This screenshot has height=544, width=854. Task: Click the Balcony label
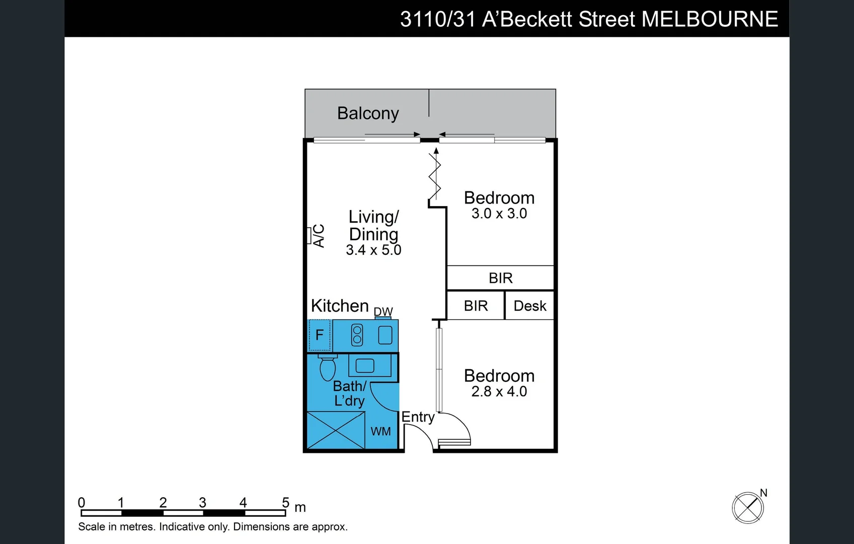[x=368, y=113]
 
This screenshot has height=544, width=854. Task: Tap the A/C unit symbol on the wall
[x=309, y=236]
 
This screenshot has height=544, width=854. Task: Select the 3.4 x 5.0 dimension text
[x=373, y=250]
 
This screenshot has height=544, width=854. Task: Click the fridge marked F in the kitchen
[x=320, y=335]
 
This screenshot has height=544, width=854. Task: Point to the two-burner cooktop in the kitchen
[x=357, y=335]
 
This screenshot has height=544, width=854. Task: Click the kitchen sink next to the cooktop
[x=385, y=335]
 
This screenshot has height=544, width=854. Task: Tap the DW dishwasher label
[x=383, y=312]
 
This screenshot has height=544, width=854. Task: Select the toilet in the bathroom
[x=328, y=368]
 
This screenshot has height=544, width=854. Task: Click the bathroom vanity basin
[x=365, y=365]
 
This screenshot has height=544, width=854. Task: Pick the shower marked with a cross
[x=336, y=430]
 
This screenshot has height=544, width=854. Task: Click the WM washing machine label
[x=380, y=431]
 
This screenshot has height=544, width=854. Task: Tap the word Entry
[x=418, y=417]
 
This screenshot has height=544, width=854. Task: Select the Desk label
[x=530, y=306]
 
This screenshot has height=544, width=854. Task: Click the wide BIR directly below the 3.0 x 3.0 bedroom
[x=501, y=278]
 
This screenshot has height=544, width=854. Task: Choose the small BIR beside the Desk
[x=476, y=306]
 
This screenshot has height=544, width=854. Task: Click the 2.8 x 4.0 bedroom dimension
[x=499, y=391]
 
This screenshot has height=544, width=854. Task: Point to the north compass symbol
[x=748, y=507]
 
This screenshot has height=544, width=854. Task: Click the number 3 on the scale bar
[x=202, y=502]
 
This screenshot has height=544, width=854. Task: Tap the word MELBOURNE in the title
[x=710, y=19]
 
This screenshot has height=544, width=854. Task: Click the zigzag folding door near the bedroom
[x=435, y=176]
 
